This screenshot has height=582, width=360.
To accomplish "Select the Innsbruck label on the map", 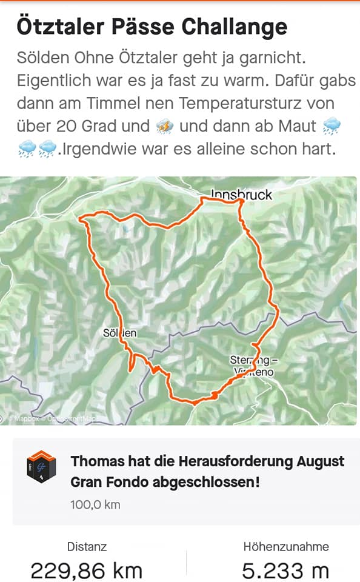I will pos(241,195).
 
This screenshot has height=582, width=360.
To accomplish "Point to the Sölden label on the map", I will pos(119,333).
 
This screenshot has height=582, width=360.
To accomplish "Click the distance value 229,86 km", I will pos(87,570).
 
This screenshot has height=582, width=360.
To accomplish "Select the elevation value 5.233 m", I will pos(285,570).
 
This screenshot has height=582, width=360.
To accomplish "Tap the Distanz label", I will pos(87,546).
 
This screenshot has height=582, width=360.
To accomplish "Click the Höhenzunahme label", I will pos(285,546).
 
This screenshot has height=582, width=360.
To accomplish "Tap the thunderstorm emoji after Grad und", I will pos(165,126).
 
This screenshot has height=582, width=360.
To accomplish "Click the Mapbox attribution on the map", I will pos(27,418).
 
